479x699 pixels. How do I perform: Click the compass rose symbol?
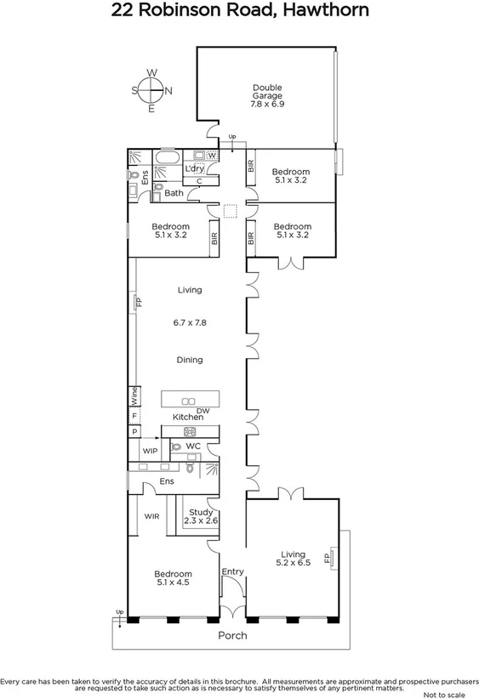pos(151,89)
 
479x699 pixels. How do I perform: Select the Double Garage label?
pos(266,95)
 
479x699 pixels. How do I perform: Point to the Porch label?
pos(232,635)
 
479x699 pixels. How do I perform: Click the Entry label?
pos(232,571)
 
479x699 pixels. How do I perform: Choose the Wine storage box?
pos(134,395)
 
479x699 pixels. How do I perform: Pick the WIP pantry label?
pos(150,450)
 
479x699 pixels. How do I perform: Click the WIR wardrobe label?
pos(152,516)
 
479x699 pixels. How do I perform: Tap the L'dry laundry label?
pos(194,169)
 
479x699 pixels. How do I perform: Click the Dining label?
pos(190,360)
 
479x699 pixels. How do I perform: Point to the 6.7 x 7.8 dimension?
pos(190,323)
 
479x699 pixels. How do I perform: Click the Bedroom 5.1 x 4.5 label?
pos(173,578)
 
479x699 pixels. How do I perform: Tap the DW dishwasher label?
pos(202,411)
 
